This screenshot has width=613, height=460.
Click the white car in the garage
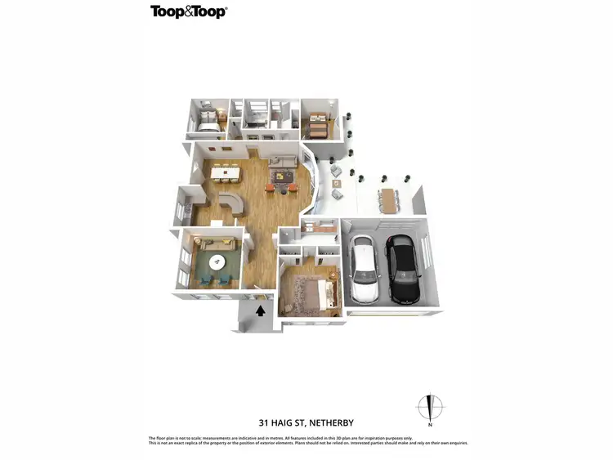tap(365, 269)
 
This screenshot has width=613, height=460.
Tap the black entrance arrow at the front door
tap(261, 310)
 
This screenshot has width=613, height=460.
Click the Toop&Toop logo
tap(188, 11)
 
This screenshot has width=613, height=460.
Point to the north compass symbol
tap(430, 406)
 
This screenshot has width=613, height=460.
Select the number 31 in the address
tap(263, 423)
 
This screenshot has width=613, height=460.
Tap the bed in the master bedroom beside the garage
tap(312, 292)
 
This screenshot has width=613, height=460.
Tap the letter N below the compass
tap(430, 426)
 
